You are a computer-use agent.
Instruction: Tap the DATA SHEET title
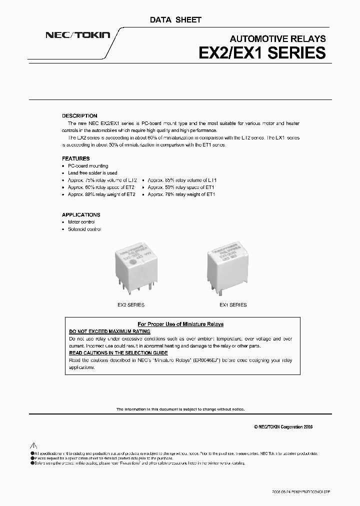pyautogui.click(x=175, y=20)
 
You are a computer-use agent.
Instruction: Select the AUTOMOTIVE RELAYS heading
pyautogui.click(x=277, y=39)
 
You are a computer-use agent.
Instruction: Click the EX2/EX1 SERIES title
pyautogui.click(x=262, y=53)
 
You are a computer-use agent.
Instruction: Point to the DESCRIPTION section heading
pyautogui.click(x=79, y=115)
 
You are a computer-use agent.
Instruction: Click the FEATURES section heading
pyautogui.click(x=76, y=158)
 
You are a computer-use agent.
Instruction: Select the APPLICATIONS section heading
pyautogui.click(x=81, y=214)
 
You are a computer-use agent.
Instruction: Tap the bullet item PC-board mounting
pyautogui.click(x=88, y=166)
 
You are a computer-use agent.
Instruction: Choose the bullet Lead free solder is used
pyautogui.click(x=92, y=173)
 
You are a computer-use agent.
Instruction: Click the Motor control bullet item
pyautogui.click(x=81, y=222)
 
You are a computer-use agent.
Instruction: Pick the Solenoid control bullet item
pyautogui.click(x=84, y=229)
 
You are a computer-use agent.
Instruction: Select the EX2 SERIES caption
pyautogui.click(x=131, y=304)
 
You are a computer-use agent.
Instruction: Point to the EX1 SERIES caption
pyautogui.click(x=233, y=304)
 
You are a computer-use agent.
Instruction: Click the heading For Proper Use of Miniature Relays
pyautogui.click(x=180, y=324)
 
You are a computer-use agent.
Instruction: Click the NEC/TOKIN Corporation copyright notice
pyautogui.click(x=283, y=426)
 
